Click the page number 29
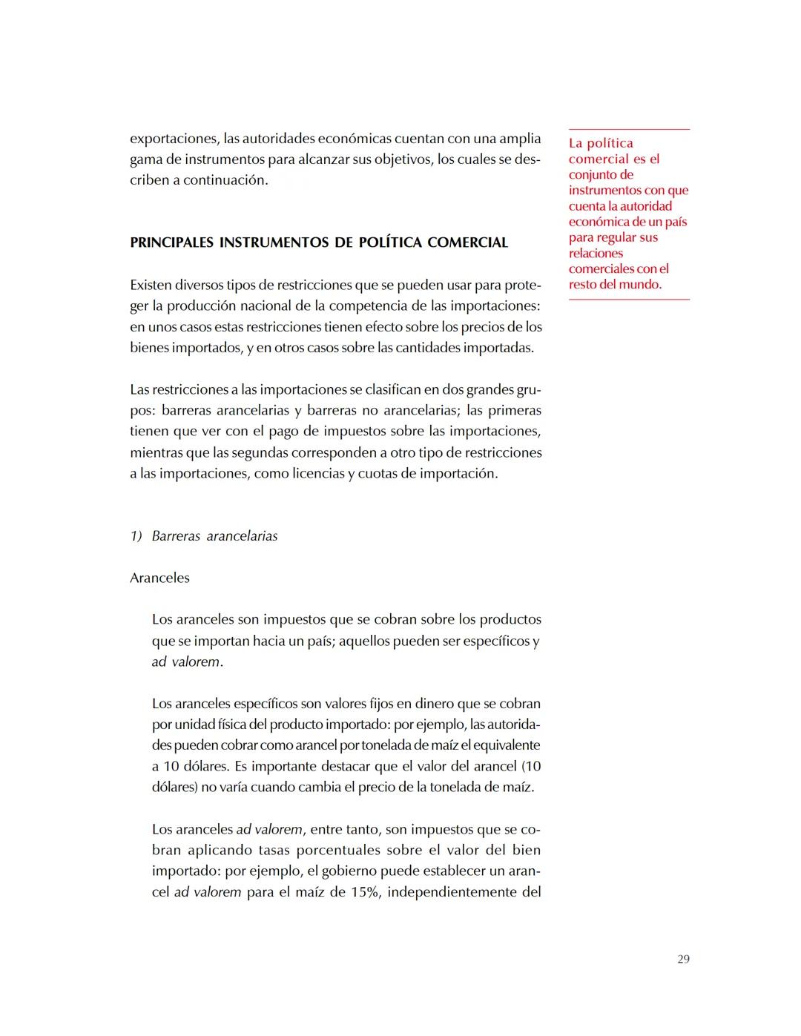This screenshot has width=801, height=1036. pyautogui.click(x=683, y=959)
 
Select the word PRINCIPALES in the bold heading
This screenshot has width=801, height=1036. pyautogui.click(x=171, y=242)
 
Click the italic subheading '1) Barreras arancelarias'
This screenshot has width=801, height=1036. pyautogui.click(x=204, y=536)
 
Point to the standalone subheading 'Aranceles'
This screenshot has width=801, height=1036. pyautogui.click(x=159, y=578)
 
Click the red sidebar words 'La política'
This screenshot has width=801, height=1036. pyautogui.click(x=601, y=143)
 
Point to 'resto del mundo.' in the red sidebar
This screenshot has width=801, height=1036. pyautogui.click(x=615, y=285)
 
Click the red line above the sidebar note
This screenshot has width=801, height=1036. pyautogui.click(x=629, y=130)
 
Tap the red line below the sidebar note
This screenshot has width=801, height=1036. pyautogui.click(x=629, y=300)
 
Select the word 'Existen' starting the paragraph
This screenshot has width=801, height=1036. pyautogui.click(x=151, y=286)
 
